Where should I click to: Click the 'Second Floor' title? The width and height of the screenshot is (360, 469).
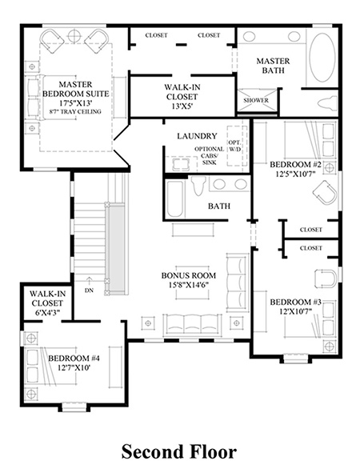179,452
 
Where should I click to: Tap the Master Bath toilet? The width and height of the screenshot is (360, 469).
327,103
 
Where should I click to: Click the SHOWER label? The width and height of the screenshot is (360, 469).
256,100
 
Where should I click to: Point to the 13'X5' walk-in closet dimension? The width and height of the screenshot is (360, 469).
182,106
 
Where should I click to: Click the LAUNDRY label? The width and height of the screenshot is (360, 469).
197,136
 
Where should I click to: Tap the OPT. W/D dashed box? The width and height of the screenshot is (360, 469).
237,146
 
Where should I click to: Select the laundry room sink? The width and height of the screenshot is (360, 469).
180,165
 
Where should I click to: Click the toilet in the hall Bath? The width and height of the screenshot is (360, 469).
198,186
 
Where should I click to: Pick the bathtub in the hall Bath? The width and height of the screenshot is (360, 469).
174,199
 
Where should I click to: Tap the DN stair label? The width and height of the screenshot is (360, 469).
89,291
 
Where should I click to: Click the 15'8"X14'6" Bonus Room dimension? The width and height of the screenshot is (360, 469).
188,284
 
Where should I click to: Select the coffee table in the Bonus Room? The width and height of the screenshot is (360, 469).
193,283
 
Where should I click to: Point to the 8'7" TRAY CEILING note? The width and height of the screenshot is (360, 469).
76,111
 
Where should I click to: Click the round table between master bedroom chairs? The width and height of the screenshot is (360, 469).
74,36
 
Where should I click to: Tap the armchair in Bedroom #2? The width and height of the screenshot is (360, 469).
325,192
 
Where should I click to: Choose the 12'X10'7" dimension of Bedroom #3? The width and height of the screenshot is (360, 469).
296,311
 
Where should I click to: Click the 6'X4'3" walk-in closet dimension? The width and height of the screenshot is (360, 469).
47,313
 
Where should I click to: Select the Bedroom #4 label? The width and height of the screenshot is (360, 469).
74,358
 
